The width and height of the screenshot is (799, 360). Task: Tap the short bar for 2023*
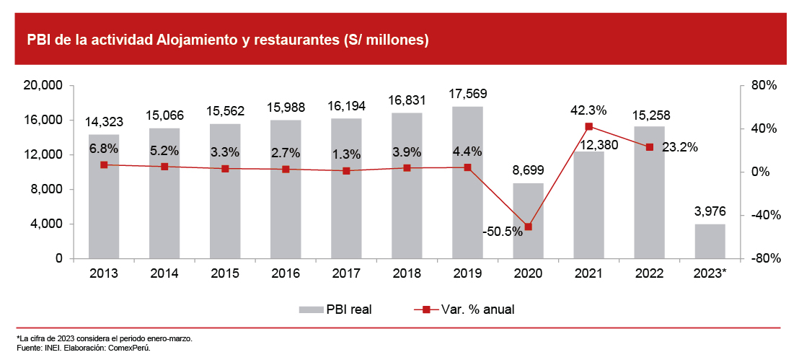[x=710, y=242]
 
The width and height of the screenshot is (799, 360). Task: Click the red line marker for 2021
[x=588, y=126]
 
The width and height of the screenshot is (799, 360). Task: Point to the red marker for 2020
[x=528, y=227]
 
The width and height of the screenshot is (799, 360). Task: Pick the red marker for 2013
[x=104, y=164]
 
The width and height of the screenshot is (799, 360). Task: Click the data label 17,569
[x=467, y=94]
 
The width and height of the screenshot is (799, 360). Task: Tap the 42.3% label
[x=588, y=110]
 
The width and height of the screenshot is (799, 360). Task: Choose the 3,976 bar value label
[x=710, y=211]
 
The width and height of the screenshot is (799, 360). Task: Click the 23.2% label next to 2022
[x=680, y=147]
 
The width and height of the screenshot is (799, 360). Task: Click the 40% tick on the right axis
[x=762, y=128]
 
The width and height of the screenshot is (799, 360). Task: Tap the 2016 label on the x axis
[x=286, y=275]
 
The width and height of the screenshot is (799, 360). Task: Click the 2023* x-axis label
[x=710, y=275]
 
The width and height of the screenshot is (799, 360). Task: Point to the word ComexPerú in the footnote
[x=130, y=348]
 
